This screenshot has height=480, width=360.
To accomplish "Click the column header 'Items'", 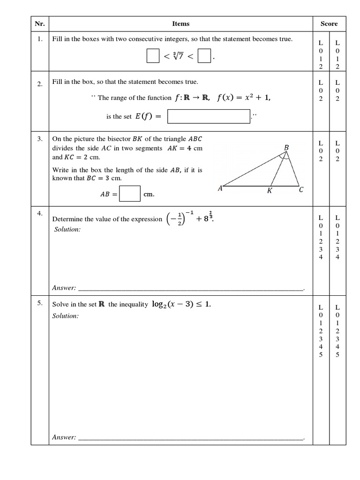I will [x=181, y=24].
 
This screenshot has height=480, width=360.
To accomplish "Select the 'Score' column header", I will [x=329, y=24].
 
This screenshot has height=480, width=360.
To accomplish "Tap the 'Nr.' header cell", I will [x=40, y=24].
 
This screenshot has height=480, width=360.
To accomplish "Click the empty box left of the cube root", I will [x=153, y=56].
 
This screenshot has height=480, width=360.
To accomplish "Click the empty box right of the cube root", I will [x=203, y=56].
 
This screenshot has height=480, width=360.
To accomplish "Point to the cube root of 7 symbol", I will [x=178, y=57].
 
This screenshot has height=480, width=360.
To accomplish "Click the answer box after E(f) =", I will [x=209, y=117].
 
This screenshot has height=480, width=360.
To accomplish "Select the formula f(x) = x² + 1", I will [x=244, y=97].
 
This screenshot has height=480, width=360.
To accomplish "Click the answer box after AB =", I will [x=130, y=194].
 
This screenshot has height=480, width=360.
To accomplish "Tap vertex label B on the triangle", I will [x=286, y=148].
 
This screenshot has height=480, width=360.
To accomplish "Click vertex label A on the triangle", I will [x=220, y=188].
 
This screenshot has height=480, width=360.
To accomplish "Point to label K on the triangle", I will [x=270, y=191].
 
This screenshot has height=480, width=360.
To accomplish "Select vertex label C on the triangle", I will [x=301, y=190].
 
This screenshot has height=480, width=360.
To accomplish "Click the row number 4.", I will [x=40, y=213].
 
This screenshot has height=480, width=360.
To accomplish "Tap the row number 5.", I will [x=40, y=303].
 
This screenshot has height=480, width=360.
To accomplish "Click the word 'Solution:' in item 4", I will [x=66, y=229].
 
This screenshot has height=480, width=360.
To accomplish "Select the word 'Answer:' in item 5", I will [x=64, y=437].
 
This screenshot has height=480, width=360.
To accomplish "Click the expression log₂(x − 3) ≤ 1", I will [x=181, y=304].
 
